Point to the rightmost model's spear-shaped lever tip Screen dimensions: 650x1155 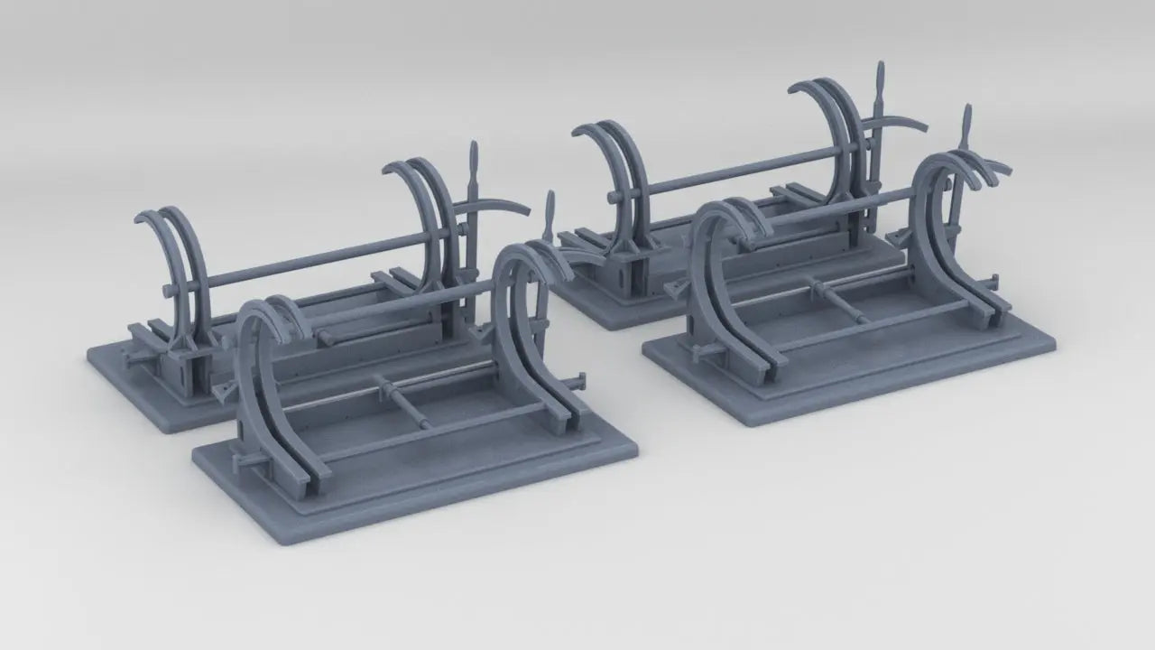click(966, 120)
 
